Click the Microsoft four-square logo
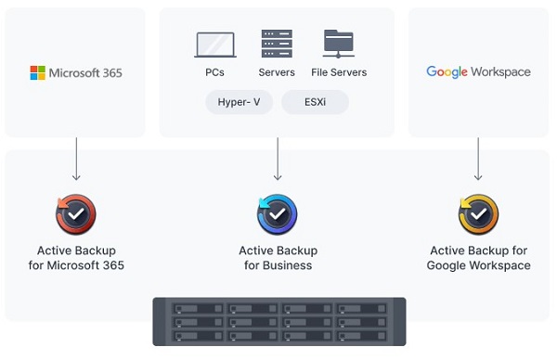(x=38, y=72)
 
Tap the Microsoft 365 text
(x=85, y=72)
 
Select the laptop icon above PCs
(x=214, y=45)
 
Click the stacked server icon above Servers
(x=277, y=44)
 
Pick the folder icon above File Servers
(x=339, y=44)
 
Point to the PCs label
(x=214, y=72)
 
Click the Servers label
(x=277, y=72)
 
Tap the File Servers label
(x=339, y=72)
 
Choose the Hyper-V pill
(x=240, y=102)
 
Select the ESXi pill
(x=314, y=102)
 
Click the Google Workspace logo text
(x=478, y=71)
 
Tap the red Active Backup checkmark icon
(x=76, y=214)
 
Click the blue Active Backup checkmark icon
(x=278, y=214)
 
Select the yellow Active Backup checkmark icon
(x=478, y=214)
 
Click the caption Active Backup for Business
(x=278, y=258)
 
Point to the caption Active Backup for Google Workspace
(x=478, y=258)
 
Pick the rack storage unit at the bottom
(x=278, y=322)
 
